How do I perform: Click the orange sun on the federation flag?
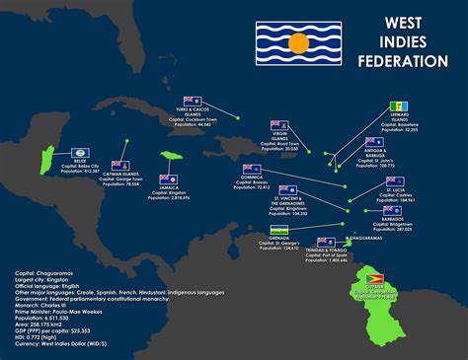click(295, 44)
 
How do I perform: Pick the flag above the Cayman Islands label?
click(120, 166)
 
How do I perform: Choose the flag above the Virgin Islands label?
click(279, 125)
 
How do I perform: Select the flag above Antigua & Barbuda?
click(372, 142)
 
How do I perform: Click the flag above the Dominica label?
click(251, 169)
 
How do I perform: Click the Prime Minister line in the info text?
click(65, 312)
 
